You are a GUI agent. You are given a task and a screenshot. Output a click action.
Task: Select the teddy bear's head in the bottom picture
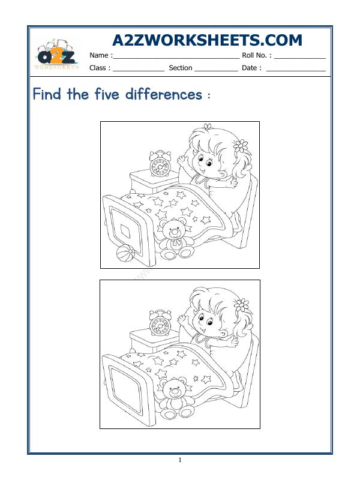point(175,391)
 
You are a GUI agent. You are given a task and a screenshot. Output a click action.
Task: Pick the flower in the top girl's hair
point(241,145)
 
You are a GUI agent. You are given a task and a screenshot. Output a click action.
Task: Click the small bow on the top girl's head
point(208,127)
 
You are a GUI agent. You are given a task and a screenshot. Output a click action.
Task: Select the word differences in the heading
point(163,94)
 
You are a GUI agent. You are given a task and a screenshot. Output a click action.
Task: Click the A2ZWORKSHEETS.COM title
point(207,40)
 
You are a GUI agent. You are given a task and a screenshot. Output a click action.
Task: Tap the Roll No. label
point(256,55)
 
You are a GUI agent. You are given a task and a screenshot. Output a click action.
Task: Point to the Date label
point(251,68)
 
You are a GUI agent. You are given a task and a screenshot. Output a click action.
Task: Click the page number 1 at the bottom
point(180,460)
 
